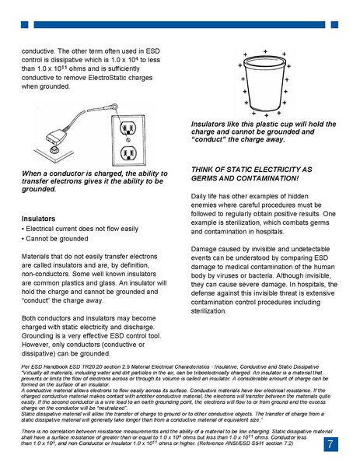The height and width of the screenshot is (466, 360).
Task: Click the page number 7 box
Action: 330,444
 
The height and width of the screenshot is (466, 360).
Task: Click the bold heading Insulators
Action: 39,219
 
